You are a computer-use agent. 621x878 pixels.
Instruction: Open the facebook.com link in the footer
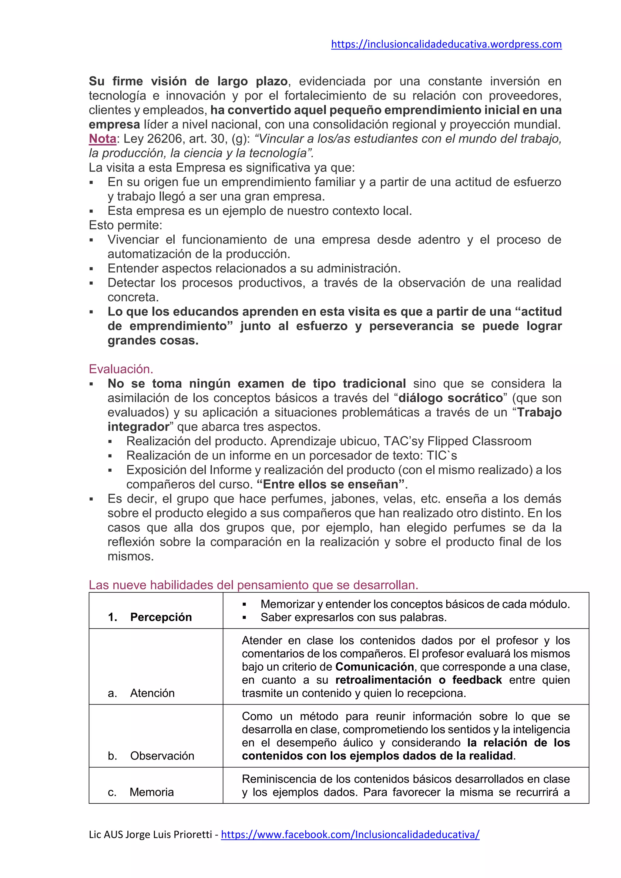[x=350, y=834]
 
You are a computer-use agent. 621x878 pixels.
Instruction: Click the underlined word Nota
[x=102, y=139]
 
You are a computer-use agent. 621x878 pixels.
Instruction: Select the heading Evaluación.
[x=121, y=369]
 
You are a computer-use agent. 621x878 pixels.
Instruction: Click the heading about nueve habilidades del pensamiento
[x=253, y=585]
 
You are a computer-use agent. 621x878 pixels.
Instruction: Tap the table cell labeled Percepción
[x=161, y=617]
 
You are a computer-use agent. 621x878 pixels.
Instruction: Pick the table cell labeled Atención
[x=152, y=693]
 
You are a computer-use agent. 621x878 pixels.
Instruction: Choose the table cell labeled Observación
[x=162, y=756]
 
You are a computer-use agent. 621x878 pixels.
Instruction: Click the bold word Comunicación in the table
[x=375, y=667]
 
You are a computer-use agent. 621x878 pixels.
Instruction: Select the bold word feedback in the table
[x=477, y=680]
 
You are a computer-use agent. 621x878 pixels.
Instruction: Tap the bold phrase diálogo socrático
[x=451, y=398]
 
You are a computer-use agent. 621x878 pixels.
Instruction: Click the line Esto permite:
[x=126, y=225]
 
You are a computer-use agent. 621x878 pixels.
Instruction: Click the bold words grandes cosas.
[x=153, y=340]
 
